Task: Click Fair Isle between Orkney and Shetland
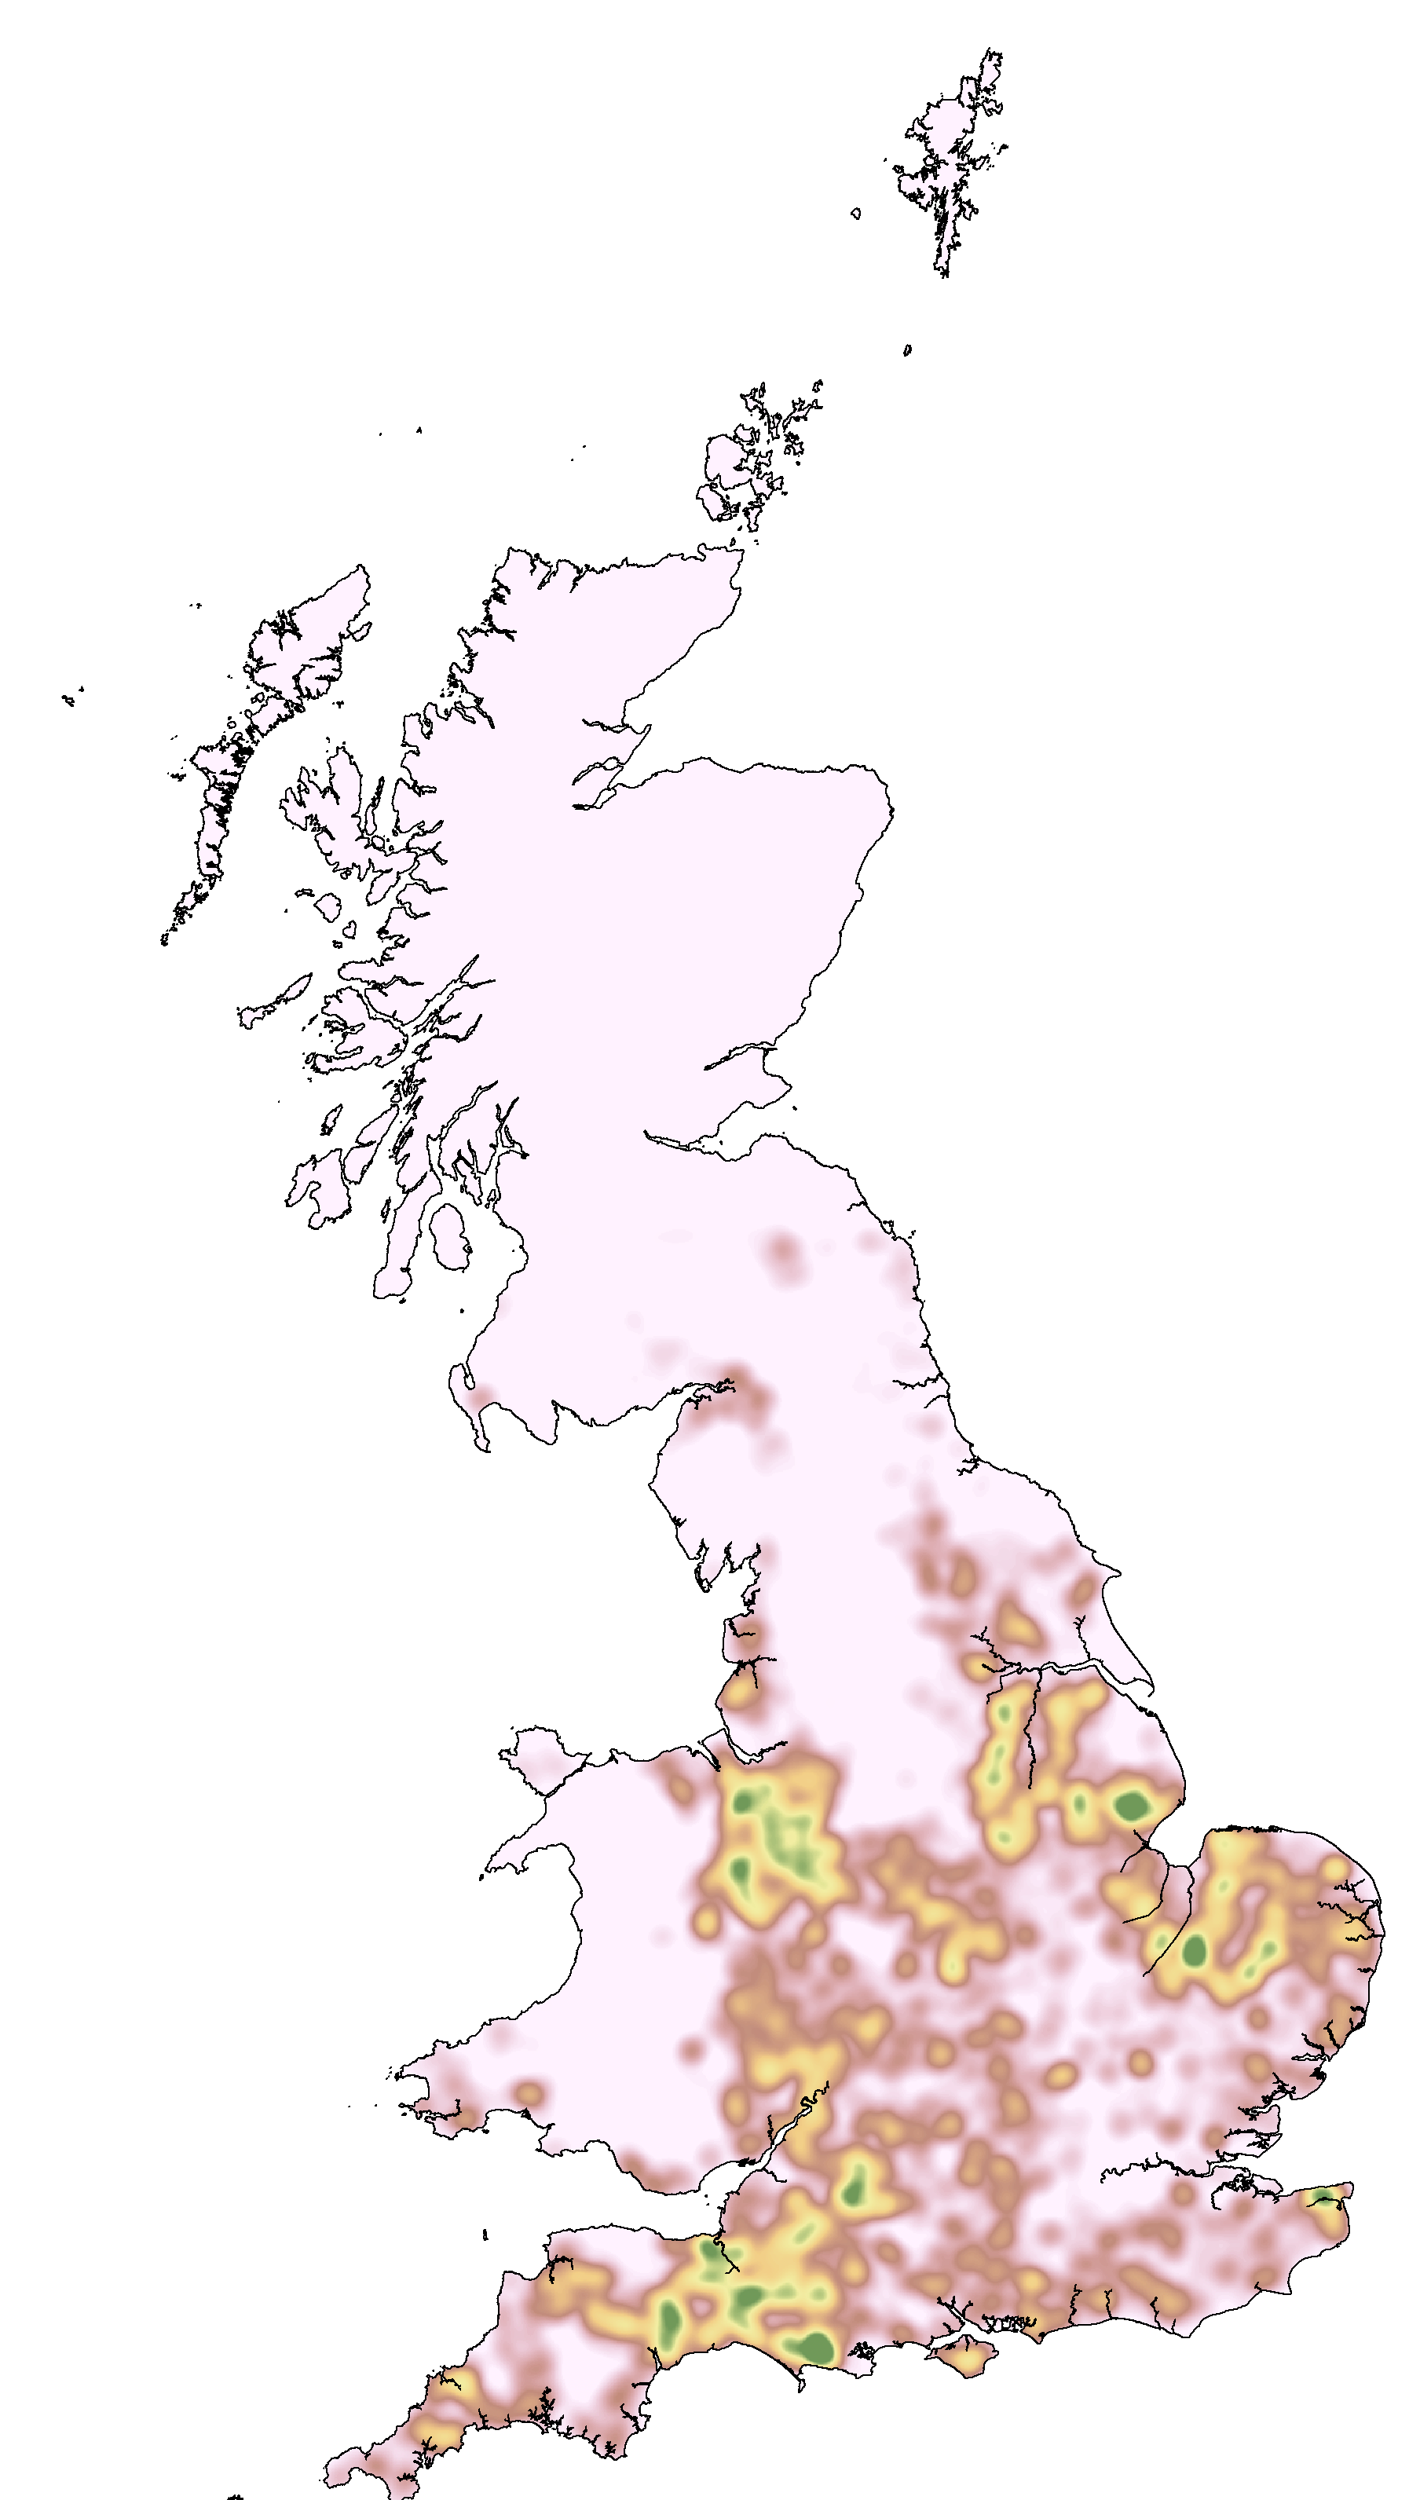point(907,350)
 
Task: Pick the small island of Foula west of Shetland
point(855,214)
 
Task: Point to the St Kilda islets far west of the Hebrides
point(70,697)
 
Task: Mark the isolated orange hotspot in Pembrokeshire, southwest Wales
point(528,2092)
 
